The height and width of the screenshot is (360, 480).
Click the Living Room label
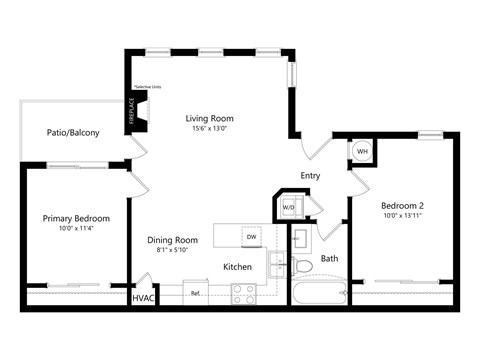(210, 119)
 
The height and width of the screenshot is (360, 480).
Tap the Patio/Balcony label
(73, 132)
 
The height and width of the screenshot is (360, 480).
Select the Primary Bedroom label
(75, 218)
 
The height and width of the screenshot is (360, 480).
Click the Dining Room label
(172, 240)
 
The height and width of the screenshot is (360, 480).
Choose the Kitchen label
(237, 266)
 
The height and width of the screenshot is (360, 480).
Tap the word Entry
(310, 175)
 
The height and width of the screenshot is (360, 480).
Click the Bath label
(329, 259)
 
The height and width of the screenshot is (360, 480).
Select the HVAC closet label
(143, 297)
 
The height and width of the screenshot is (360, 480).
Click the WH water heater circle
(362, 152)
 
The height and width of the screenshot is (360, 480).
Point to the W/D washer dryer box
(289, 208)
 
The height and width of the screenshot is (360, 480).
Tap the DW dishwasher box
(253, 236)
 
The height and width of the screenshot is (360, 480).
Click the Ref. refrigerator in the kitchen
(196, 294)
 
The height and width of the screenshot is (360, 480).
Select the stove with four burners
(244, 293)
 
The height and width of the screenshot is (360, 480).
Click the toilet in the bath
(303, 267)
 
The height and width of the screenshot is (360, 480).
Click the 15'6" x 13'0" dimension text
(210, 130)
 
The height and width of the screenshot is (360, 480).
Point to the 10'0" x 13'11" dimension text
(402, 215)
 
